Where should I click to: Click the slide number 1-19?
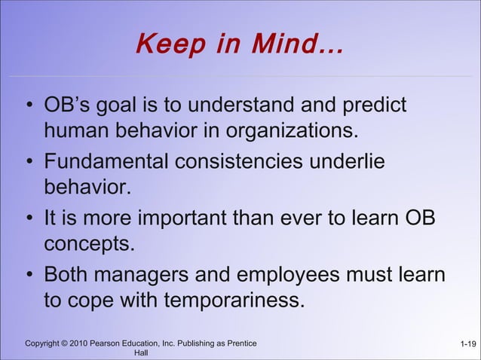click(x=467, y=345)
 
